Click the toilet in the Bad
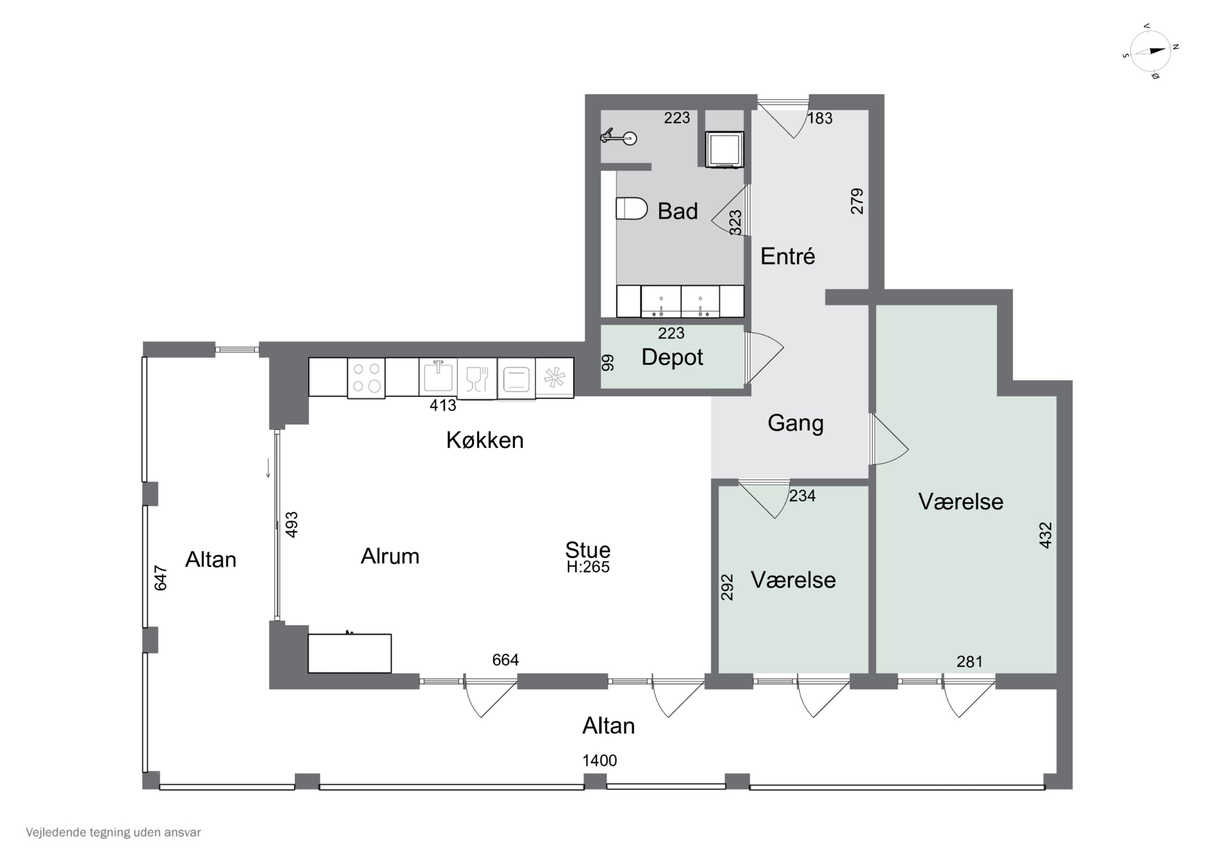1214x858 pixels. (632, 209)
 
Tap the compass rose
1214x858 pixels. (1150, 51)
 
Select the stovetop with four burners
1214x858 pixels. (366, 378)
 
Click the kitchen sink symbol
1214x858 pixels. (438, 376)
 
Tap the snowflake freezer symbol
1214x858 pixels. (554, 377)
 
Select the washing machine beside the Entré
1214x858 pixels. (724, 150)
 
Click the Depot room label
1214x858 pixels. (672, 357)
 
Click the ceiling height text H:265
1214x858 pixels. (588, 567)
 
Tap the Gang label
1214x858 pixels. (795, 423)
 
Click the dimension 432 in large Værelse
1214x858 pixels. (1045, 535)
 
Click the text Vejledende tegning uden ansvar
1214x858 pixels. (113, 833)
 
